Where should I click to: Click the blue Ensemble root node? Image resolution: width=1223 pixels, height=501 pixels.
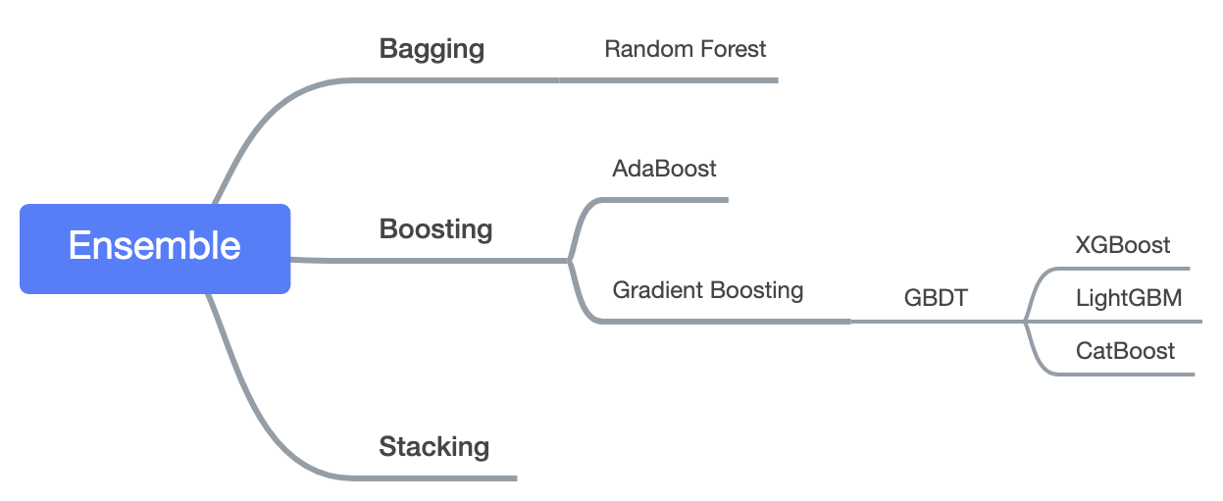[x=155, y=248]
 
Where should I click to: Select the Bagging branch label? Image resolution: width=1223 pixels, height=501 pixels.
[x=432, y=49]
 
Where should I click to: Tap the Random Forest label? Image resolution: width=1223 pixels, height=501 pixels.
[x=685, y=48]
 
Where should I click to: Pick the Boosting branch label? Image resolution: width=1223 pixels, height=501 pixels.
[x=435, y=229]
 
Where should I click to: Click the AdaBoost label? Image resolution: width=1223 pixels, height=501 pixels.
[x=664, y=169]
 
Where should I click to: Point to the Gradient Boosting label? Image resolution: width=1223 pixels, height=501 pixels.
[x=707, y=290]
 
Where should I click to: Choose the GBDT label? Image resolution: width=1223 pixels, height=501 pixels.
[x=936, y=298]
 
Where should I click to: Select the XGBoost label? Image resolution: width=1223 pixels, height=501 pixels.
[x=1122, y=245]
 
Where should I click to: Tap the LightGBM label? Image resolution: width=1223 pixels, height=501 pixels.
[x=1129, y=297]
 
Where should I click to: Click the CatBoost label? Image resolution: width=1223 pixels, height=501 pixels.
[x=1125, y=350]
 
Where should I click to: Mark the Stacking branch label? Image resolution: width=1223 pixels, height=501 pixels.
[x=433, y=447]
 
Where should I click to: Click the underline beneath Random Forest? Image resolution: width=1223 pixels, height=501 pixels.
[x=687, y=80]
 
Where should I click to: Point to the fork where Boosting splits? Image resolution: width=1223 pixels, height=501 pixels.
[x=570, y=260]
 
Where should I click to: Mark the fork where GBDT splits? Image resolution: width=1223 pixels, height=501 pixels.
[x=1024, y=321]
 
